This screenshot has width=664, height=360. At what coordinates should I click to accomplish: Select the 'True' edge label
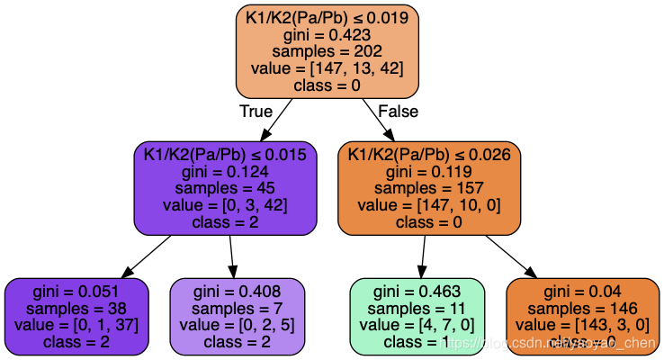(256, 111)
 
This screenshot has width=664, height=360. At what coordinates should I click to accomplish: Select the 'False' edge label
(398, 111)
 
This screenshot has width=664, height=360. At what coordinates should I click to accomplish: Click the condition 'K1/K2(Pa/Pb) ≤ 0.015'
(225, 155)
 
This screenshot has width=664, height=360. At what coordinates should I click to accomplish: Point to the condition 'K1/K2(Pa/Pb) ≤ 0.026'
(429, 155)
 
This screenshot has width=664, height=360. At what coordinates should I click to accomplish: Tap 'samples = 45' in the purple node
(225, 188)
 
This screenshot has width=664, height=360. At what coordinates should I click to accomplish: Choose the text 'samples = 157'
(429, 188)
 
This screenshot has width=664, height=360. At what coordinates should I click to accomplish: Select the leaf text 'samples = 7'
(238, 309)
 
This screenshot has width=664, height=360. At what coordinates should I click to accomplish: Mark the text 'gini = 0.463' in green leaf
(417, 292)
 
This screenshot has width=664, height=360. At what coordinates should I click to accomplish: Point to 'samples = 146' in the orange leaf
(583, 309)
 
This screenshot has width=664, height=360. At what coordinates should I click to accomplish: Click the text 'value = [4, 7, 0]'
(417, 325)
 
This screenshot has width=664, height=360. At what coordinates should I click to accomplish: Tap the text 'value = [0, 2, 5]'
(238, 325)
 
